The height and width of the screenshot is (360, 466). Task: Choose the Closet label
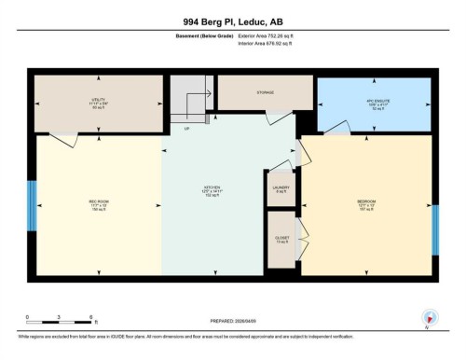(x=281, y=238)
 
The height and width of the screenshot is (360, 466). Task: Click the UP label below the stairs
(x=187, y=128)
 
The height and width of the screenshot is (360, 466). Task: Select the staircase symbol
(x=190, y=103)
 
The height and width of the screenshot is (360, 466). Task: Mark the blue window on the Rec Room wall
(x=31, y=205)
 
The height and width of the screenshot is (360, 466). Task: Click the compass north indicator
(x=429, y=318)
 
